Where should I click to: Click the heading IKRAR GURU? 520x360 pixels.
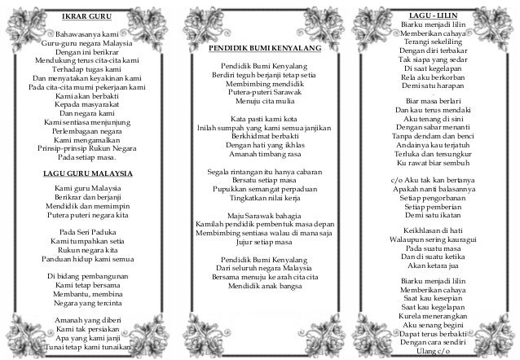click(x=86, y=15)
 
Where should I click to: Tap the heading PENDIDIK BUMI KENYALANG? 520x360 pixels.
click(x=261, y=49)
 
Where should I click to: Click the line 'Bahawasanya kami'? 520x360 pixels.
click(x=85, y=34)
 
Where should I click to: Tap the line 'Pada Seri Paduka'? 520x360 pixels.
click(x=86, y=231)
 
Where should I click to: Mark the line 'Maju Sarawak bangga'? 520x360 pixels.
click(x=261, y=215)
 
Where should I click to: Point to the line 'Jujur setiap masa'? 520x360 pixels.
click(x=261, y=243)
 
